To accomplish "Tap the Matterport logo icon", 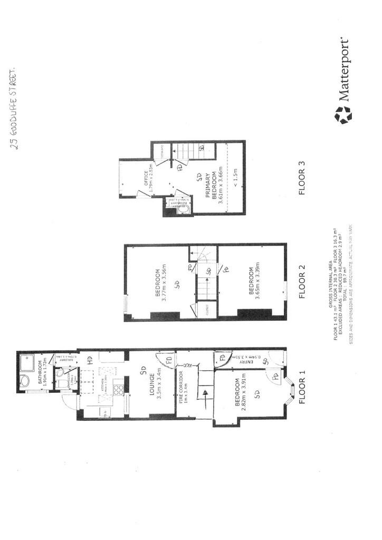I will coord(343,114).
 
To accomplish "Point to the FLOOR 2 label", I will coord(302,286).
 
